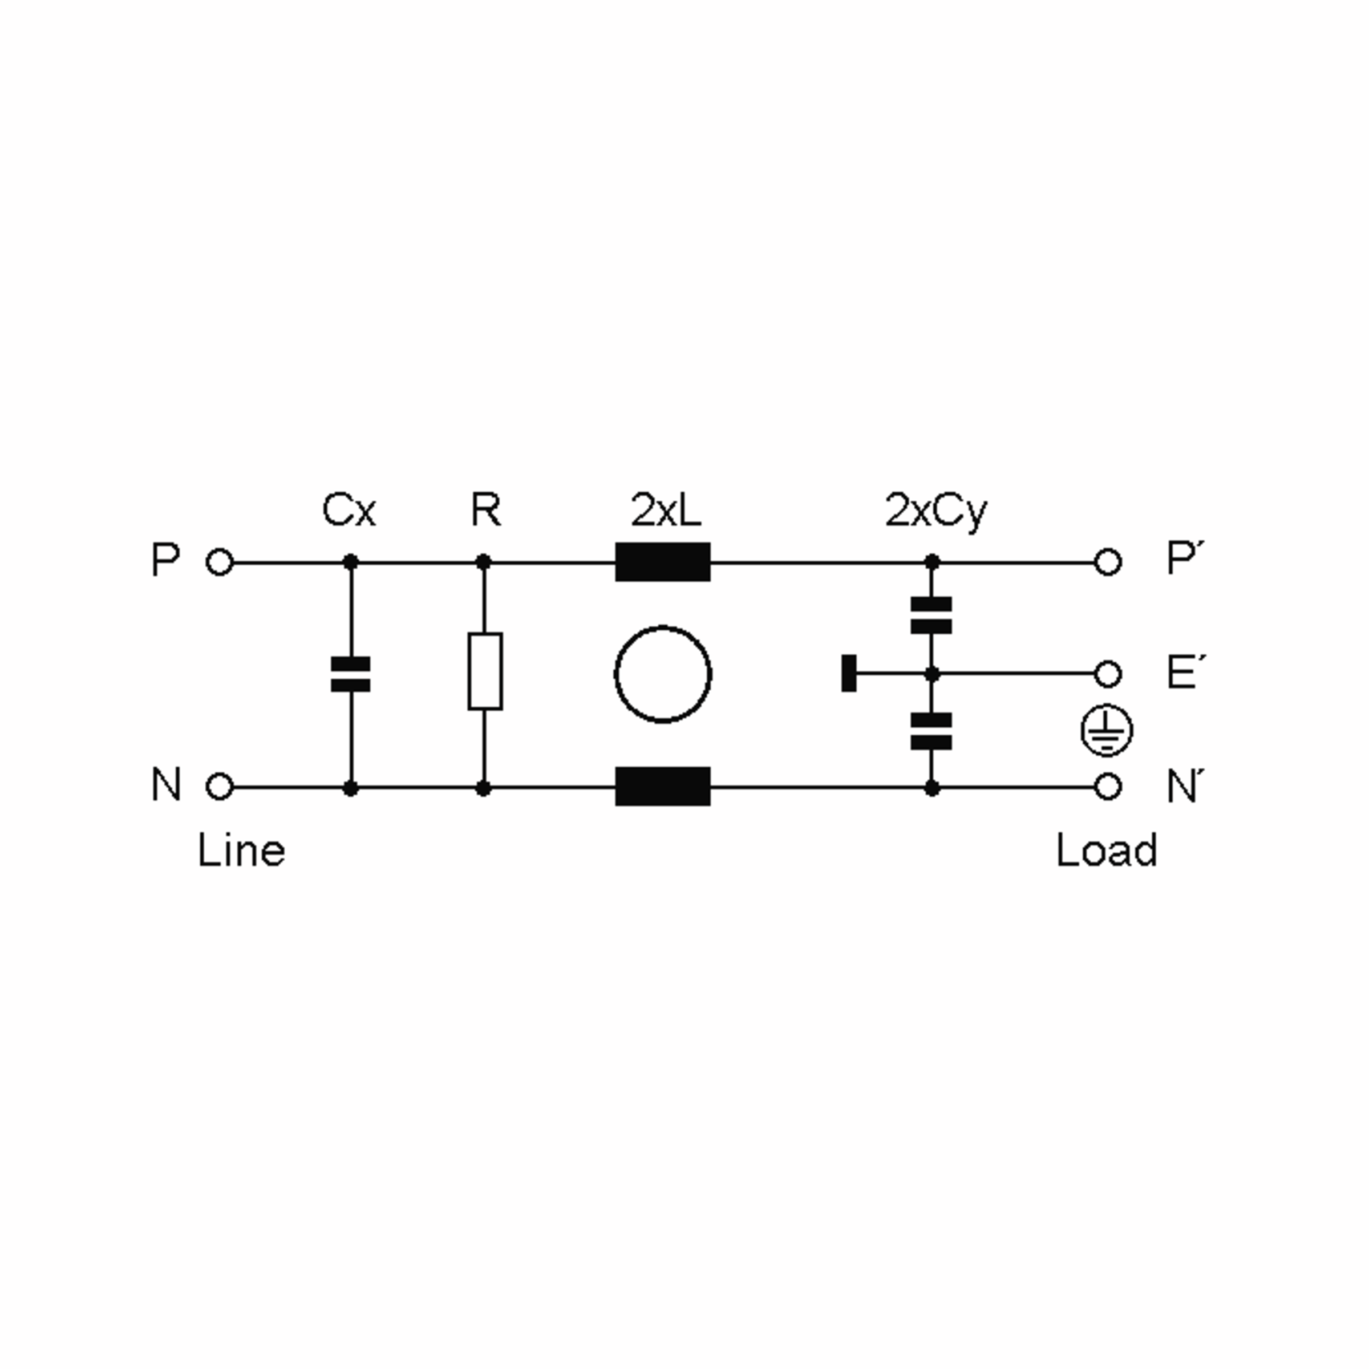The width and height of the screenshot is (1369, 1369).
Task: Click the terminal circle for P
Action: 220,562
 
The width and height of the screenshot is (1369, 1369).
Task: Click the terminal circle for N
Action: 220,787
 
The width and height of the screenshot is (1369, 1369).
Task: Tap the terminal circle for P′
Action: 1108,562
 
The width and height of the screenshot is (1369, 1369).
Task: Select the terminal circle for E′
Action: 1108,674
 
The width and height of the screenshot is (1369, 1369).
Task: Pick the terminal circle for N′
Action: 1108,787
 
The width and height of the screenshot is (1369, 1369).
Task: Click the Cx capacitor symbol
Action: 351,674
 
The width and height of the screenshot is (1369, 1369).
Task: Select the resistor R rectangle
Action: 485,671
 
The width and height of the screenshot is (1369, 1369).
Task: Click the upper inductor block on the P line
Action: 662,562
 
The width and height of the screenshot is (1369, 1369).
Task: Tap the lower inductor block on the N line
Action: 662,787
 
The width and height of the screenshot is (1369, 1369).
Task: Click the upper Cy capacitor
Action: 931,615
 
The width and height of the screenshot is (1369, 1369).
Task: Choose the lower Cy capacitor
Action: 931,731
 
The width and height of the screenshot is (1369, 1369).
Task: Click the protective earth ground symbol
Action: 1107,731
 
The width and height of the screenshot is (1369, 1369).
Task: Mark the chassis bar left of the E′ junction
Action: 849,673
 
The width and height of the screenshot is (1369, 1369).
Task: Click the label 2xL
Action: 666,510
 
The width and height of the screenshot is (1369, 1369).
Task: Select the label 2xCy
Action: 935,512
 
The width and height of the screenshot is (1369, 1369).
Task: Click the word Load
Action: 1106,850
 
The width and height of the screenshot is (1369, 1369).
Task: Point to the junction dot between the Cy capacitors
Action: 933,674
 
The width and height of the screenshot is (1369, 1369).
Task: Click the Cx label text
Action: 349,510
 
